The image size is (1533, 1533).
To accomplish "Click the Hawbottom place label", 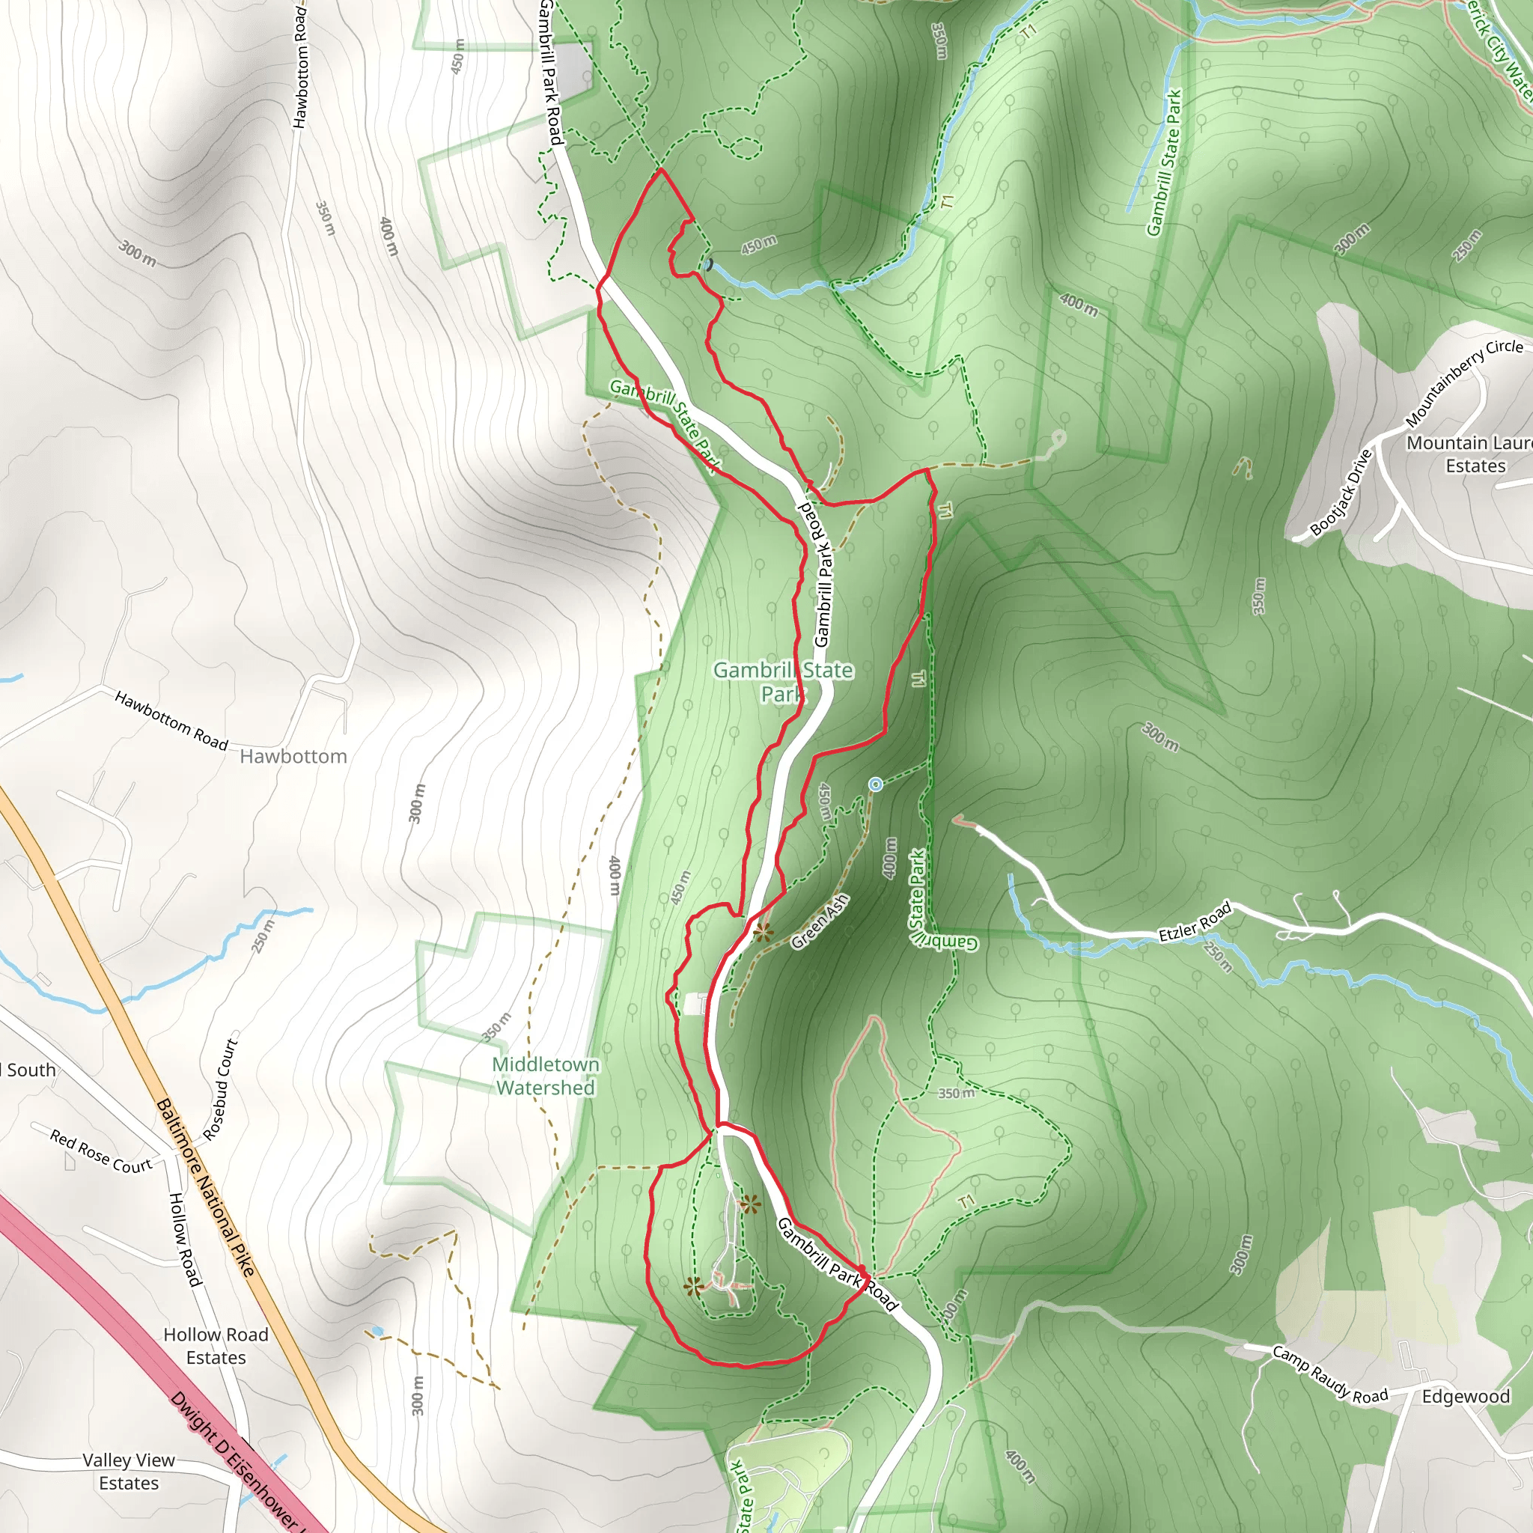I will [293, 756].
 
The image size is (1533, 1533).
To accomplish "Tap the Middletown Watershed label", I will [546, 1076].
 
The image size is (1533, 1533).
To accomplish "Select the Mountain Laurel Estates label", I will [1468, 454].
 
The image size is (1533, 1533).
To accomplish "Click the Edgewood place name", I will [1466, 1396].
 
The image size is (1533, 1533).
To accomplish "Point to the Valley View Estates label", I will [129, 1471].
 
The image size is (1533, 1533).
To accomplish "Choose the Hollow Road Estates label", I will [216, 1346].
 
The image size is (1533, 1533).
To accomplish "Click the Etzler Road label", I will [1195, 921].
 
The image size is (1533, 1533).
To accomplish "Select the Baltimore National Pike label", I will [206, 1187].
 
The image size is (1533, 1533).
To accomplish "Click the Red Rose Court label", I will [101, 1151].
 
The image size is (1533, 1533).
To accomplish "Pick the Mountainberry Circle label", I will [1464, 381].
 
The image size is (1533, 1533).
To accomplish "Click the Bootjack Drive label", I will [1341, 492].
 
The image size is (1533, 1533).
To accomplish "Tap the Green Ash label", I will [820, 921].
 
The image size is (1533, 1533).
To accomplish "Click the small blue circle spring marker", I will [876, 784].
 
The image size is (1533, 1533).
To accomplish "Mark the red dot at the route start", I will [862, 1270].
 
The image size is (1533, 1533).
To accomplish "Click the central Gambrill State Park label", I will [782, 682].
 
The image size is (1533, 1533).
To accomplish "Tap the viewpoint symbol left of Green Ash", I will [764, 933].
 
